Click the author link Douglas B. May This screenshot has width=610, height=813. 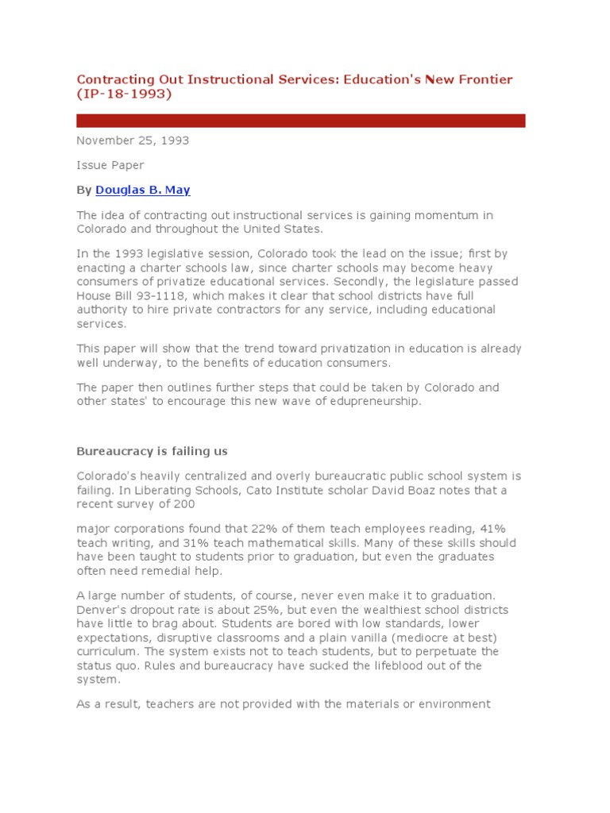[x=143, y=190]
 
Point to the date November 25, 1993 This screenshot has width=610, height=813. [x=133, y=141]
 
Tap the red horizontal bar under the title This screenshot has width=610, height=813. [x=300, y=121]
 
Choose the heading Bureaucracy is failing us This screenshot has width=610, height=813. [x=152, y=451]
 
